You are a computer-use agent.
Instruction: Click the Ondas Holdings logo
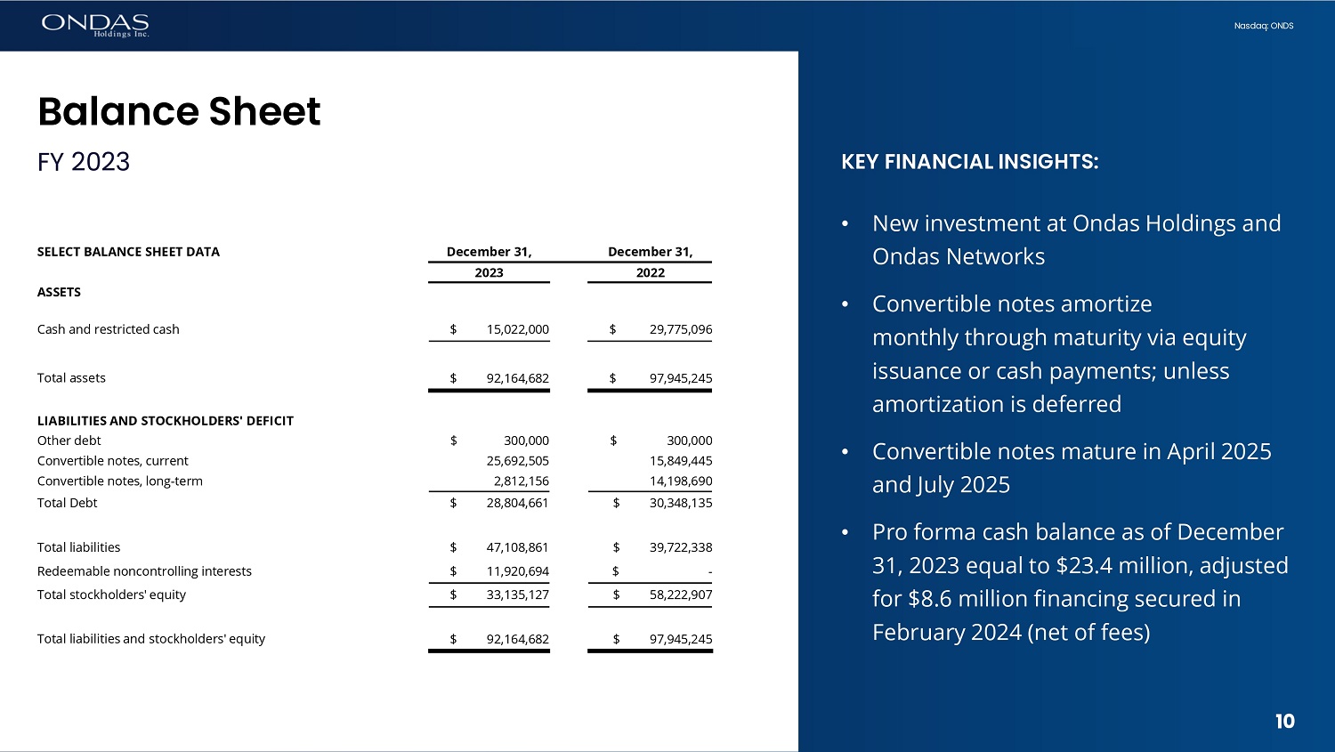95,25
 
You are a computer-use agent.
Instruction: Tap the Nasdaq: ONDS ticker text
1263,26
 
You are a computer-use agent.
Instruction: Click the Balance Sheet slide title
179,111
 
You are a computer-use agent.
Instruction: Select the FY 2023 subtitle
84,162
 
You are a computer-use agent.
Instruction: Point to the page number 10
1284,722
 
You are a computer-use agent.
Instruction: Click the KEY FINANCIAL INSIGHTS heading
969,162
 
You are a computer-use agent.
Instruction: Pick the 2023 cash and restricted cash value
517,329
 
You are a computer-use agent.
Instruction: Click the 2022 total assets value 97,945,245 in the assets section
680,378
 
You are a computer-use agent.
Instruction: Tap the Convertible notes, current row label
113,461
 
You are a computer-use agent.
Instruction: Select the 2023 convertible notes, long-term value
521,481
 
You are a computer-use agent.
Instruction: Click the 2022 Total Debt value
680,503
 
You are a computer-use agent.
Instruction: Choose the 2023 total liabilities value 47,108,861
517,547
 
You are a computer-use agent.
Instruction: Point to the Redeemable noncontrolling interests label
144,571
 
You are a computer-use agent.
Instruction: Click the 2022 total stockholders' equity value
680,594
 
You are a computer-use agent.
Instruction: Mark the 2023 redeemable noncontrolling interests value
517,571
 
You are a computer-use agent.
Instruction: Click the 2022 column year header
650,273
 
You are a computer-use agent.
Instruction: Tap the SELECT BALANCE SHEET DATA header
128,252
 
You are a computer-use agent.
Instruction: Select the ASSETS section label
59,292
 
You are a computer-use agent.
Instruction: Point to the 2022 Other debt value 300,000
689,441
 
